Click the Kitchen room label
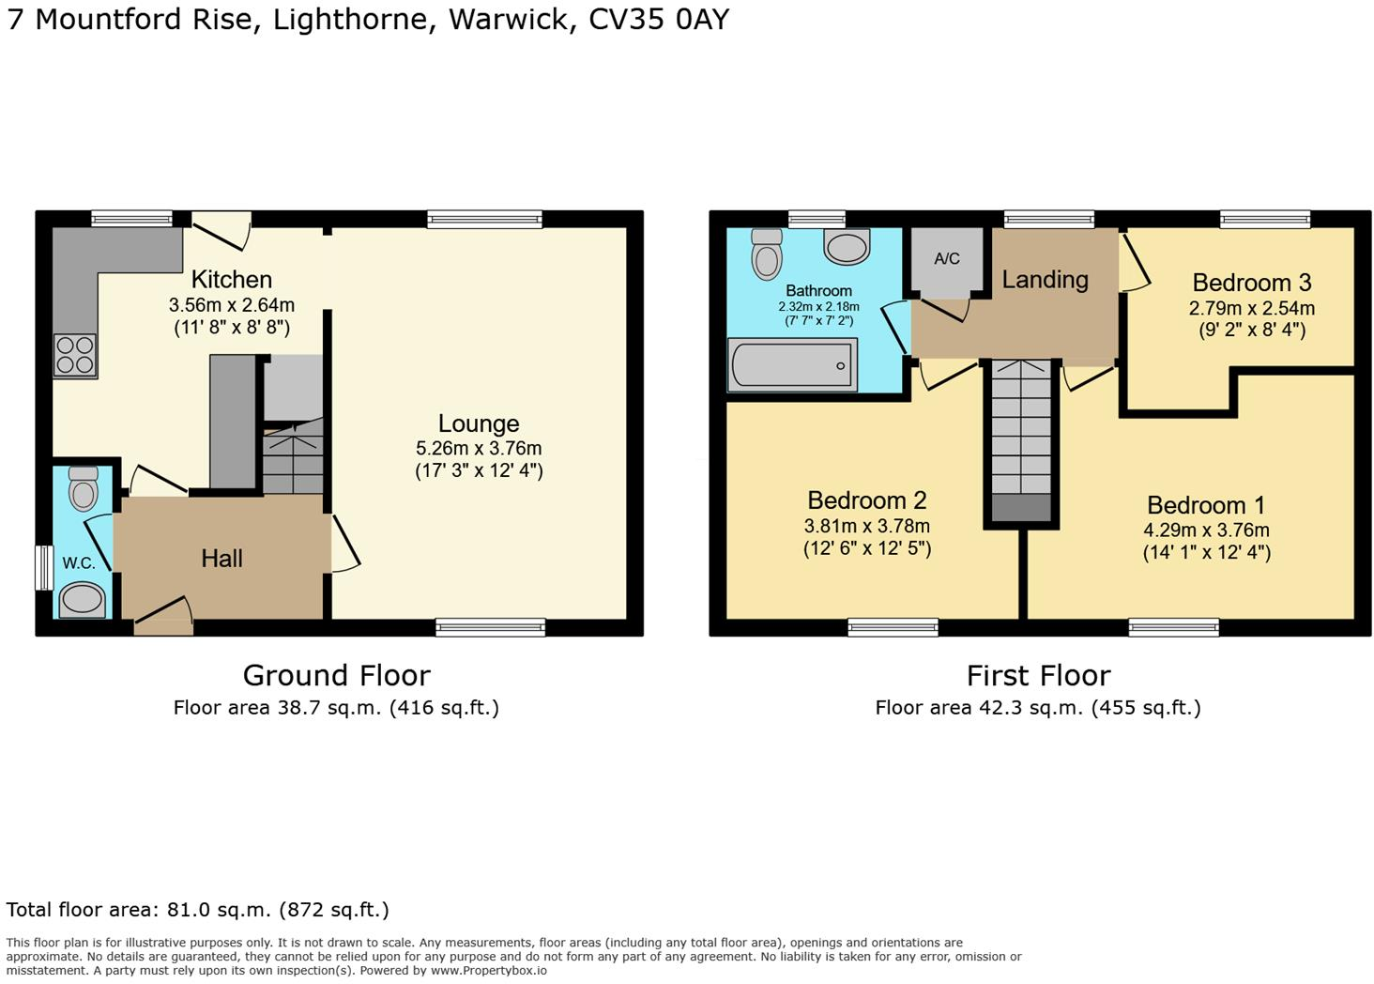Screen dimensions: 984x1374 tap(231, 280)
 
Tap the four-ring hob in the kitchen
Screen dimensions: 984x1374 tap(74, 356)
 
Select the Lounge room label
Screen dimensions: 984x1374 tap(479, 423)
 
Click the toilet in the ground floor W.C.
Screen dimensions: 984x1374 tap(84, 488)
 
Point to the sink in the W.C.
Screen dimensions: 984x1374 tap(83, 599)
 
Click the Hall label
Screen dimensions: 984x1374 tap(221, 559)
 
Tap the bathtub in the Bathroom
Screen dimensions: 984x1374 tap(791, 365)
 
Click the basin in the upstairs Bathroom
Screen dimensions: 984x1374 tap(847, 247)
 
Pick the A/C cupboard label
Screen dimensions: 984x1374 tap(946, 258)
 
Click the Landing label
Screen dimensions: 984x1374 tap(1045, 280)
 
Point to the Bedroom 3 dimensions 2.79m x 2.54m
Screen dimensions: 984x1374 tap(1251, 308)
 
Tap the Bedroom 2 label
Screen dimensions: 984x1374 tap(866, 500)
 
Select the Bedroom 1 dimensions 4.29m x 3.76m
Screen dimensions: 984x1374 tap(1206, 530)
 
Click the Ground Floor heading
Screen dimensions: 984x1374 tap(336, 675)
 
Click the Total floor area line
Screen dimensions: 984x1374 tap(197, 909)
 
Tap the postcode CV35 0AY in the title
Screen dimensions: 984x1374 tap(658, 20)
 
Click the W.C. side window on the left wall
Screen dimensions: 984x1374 tap(43, 568)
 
